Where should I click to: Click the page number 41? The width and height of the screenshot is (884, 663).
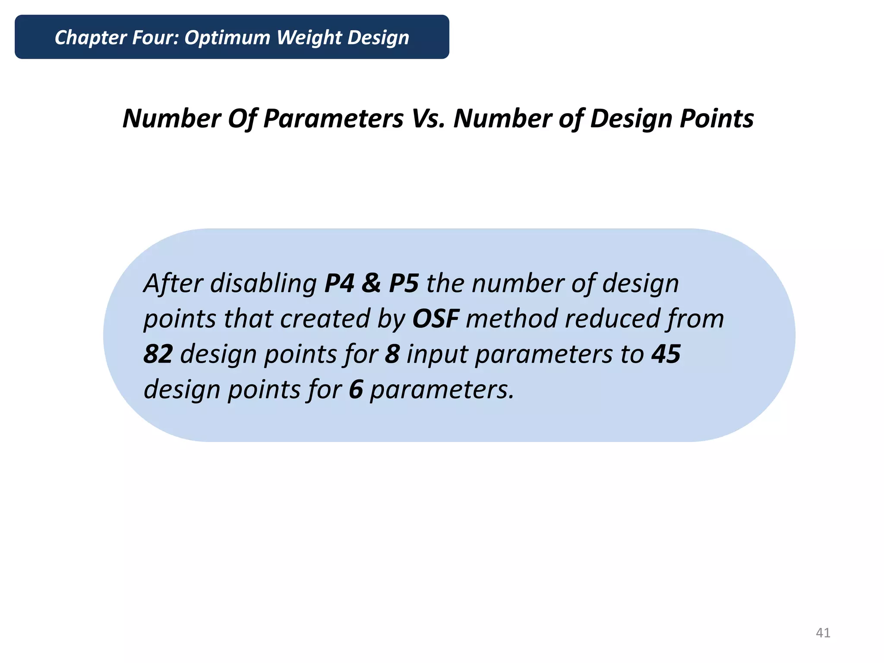[823, 633]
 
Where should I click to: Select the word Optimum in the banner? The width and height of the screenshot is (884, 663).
[227, 38]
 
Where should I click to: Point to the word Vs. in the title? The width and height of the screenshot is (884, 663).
[428, 118]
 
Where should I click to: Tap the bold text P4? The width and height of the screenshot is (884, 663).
[339, 284]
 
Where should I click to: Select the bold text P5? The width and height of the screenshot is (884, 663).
[404, 284]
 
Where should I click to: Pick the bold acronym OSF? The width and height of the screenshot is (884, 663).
[435, 319]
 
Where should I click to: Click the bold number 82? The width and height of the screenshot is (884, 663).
[158, 354]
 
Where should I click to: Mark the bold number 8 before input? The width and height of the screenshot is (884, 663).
[392, 354]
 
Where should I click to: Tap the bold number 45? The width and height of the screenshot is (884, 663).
[666, 354]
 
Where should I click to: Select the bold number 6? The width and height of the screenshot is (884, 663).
[356, 390]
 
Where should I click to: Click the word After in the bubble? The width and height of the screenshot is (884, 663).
[173, 284]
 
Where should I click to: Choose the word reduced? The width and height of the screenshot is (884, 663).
[612, 319]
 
